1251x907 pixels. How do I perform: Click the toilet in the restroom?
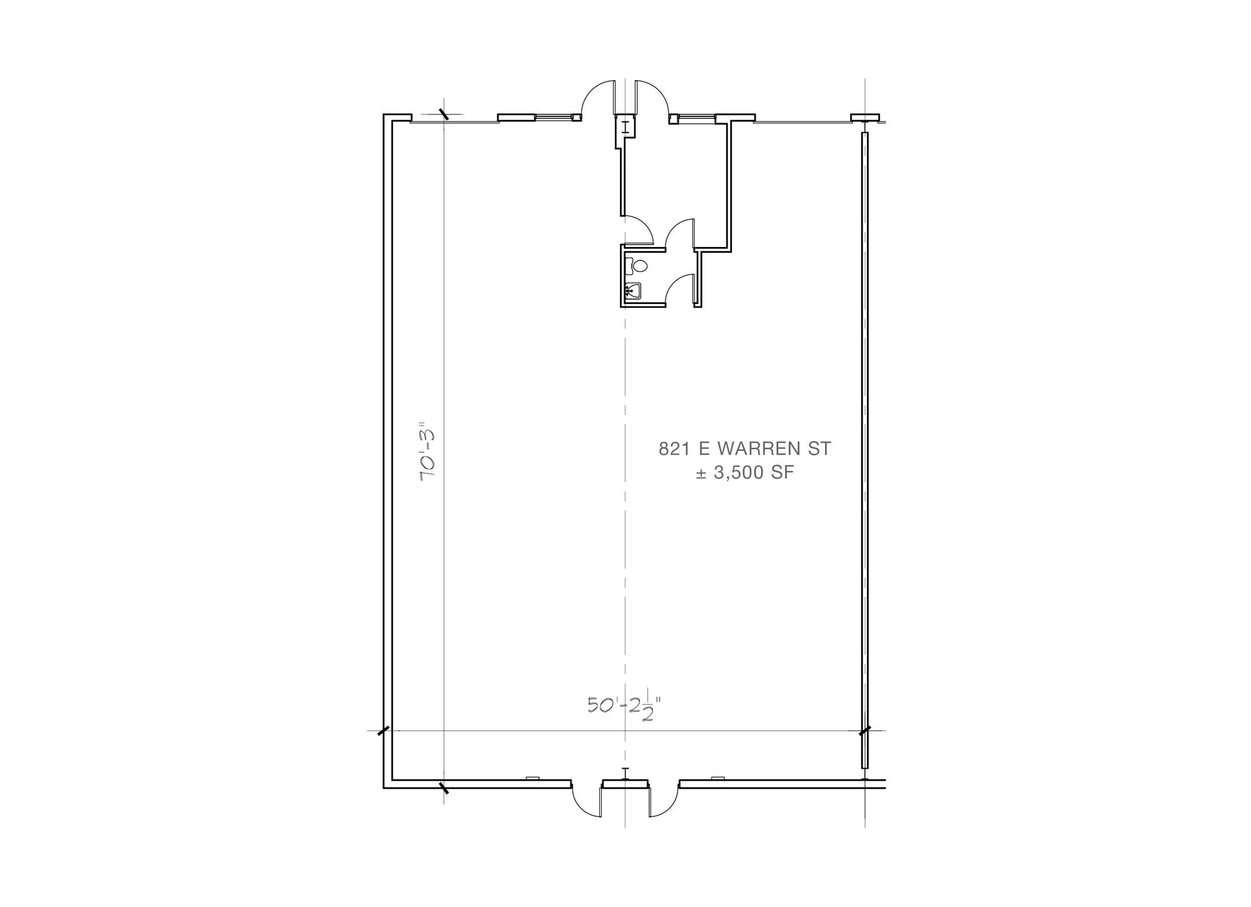(636, 266)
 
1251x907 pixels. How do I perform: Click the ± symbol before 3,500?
(702, 474)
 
